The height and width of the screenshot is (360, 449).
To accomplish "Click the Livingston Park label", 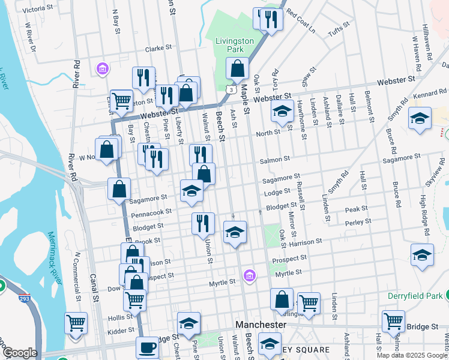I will coord(235,46).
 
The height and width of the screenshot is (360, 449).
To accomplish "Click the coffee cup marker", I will coord(147,347).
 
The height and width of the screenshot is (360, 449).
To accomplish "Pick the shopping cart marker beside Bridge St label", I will coord(393,320).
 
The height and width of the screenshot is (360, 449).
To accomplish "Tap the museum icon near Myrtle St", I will coord(249,275).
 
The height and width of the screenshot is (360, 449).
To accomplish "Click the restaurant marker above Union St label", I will coord(203,223).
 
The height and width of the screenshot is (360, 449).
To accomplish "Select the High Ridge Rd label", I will coord(424,214).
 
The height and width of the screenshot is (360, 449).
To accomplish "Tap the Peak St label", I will coord(356,209).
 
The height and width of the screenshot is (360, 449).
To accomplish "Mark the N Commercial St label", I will coord(77,276).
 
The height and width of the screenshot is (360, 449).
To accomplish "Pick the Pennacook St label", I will coord(152,212).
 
